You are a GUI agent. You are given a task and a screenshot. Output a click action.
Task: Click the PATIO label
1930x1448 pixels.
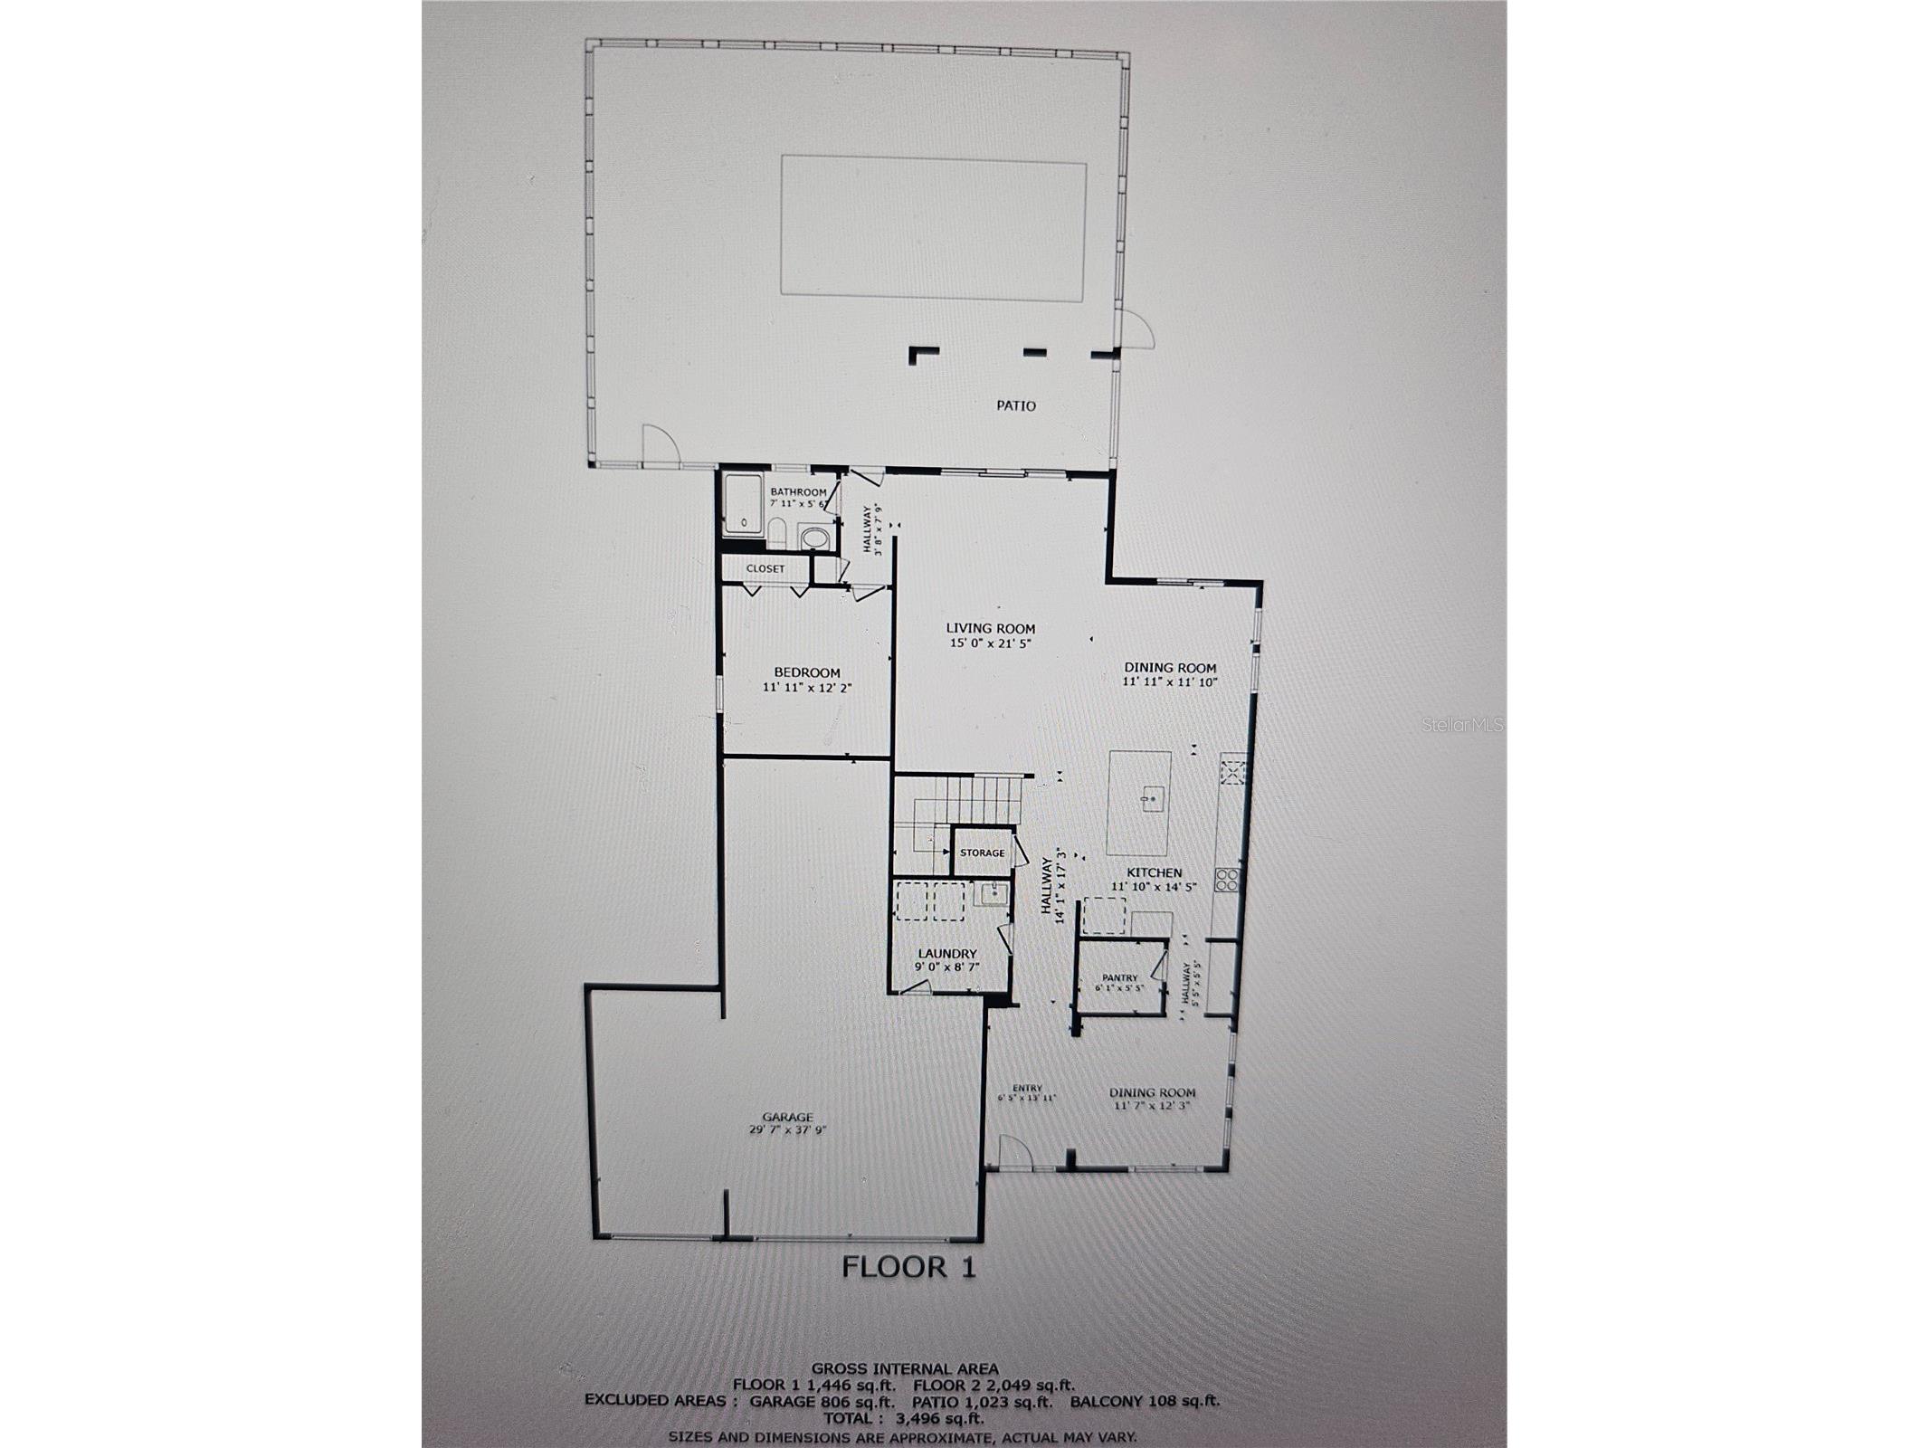coord(1015,405)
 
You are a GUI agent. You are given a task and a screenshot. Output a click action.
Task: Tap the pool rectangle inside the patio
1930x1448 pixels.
coord(933,228)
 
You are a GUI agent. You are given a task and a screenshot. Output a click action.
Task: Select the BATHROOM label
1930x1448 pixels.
coord(798,491)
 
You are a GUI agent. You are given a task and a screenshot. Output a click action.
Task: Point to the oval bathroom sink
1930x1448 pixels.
coord(814,538)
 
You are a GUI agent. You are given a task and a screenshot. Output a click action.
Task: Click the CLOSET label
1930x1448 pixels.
coord(765,568)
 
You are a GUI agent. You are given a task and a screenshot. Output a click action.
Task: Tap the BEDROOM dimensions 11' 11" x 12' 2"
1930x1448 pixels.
coord(807,688)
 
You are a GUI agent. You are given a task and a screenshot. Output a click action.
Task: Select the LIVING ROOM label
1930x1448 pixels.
coord(990,628)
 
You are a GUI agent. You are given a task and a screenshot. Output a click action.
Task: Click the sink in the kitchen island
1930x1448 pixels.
coord(1152,799)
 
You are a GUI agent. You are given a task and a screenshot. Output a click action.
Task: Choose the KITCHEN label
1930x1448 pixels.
coord(1154,872)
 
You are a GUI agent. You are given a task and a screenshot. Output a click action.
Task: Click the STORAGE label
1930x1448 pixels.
coord(982,853)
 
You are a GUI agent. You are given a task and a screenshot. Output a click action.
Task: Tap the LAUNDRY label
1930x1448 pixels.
coord(947,953)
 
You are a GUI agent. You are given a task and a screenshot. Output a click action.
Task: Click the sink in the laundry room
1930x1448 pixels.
coord(993,895)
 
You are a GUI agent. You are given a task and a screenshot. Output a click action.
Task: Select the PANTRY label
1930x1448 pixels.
coord(1119,977)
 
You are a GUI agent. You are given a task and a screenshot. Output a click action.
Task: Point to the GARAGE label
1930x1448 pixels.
coord(786,1117)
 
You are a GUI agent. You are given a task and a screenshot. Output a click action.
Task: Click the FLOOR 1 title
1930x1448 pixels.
coord(908,1267)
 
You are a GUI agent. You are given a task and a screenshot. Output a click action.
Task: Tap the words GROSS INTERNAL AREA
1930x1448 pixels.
coord(905,1369)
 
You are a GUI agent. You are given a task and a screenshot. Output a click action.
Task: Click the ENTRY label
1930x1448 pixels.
coord(1027,1089)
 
